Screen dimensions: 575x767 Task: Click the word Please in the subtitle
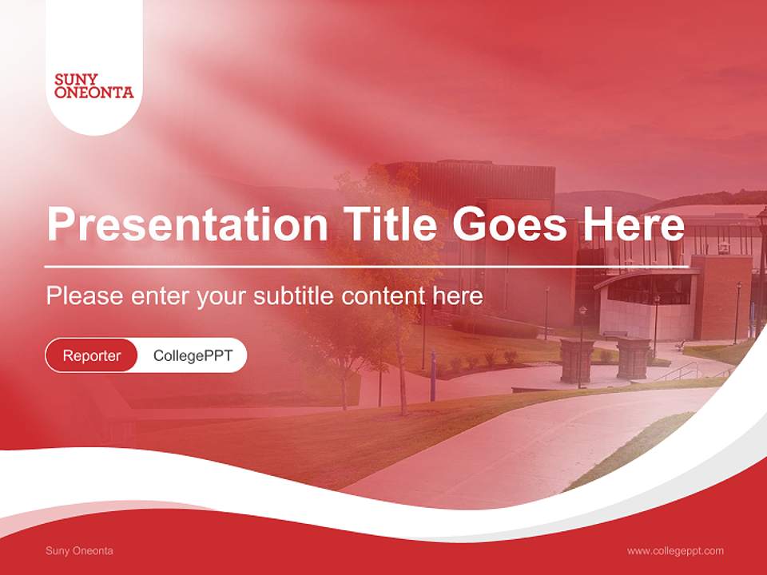click(83, 296)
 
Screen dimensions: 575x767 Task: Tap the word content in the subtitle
click(383, 296)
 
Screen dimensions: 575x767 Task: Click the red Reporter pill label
click(91, 355)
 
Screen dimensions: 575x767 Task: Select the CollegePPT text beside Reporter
click(193, 355)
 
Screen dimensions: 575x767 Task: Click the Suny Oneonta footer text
click(79, 551)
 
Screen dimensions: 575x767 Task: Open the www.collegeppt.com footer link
click(675, 551)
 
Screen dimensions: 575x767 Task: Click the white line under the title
click(367, 266)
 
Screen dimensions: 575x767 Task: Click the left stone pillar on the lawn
click(577, 360)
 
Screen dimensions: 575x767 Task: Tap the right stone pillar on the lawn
click(633, 359)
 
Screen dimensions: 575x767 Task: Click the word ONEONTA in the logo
click(93, 93)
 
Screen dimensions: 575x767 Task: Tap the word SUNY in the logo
click(76, 80)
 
